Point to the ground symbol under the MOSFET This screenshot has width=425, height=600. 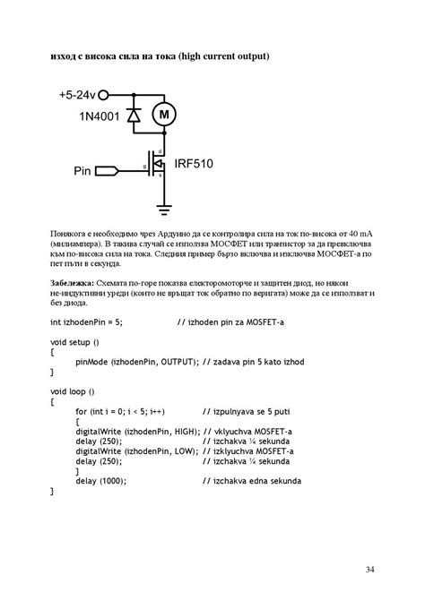(163, 208)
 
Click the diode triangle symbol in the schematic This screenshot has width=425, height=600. (134, 116)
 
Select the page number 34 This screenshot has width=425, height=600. (370, 568)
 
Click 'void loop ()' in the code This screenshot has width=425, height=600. (73, 391)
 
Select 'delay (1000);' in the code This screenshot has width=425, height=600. (101, 481)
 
